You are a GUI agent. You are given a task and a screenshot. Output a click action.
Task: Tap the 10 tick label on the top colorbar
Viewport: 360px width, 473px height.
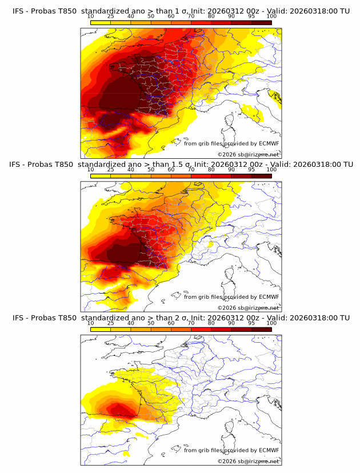click(x=91, y=17)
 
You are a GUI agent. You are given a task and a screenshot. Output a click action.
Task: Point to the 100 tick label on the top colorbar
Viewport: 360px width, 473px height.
click(x=271, y=17)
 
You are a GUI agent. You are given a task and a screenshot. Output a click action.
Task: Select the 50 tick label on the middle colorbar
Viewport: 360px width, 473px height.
click(x=151, y=170)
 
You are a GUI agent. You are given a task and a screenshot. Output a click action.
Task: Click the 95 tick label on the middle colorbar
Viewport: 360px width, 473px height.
click(x=251, y=170)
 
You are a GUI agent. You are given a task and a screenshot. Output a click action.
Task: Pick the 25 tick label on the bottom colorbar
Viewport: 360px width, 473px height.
click(x=111, y=323)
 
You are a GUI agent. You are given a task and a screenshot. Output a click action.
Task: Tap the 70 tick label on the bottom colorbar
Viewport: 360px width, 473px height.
click(x=191, y=323)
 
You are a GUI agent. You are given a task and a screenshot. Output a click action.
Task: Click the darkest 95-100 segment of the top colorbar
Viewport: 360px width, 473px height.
click(x=261, y=22)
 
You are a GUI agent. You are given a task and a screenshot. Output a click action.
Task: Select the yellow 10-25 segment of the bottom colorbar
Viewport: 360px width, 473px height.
click(x=101, y=329)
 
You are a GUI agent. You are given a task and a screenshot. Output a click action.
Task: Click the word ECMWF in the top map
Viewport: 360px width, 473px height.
click(x=269, y=144)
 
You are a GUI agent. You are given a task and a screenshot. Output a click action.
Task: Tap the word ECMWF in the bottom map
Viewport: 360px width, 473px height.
click(x=269, y=450)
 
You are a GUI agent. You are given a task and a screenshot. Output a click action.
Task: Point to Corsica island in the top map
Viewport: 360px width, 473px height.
click(x=231, y=121)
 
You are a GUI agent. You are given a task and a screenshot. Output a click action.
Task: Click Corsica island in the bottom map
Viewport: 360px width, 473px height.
click(x=231, y=427)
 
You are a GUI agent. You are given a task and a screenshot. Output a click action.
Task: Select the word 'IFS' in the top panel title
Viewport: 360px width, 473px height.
click(x=19, y=11)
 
